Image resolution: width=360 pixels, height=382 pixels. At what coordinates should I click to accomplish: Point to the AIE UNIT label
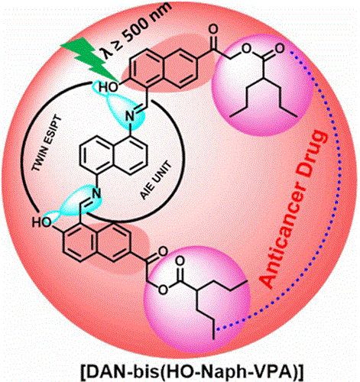pyautogui.click(x=156, y=180)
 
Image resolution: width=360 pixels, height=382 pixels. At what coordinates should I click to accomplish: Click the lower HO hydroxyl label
pyautogui.click(x=41, y=222)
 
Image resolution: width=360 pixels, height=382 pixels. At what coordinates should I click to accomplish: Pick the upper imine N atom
pyautogui.click(x=130, y=117)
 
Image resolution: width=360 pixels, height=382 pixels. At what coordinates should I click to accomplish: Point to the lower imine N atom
pyautogui.click(x=96, y=193)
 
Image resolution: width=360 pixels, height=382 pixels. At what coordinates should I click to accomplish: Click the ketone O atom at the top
pyautogui.click(x=213, y=28)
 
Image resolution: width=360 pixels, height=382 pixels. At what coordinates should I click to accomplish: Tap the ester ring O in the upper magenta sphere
pyautogui.click(x=246, y=48)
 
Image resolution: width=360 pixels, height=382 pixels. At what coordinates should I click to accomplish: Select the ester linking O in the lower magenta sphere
pyautogui.click(x=163, y=290)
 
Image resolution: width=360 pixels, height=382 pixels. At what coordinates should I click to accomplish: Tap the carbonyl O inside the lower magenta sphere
pyautogui.click(x=180, y=261)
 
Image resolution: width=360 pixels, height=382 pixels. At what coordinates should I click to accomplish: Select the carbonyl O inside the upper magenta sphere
pyautogui.click(x=280, y=48)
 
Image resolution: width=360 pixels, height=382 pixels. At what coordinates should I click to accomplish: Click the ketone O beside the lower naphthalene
pyautogui.click(x=162, y=251)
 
